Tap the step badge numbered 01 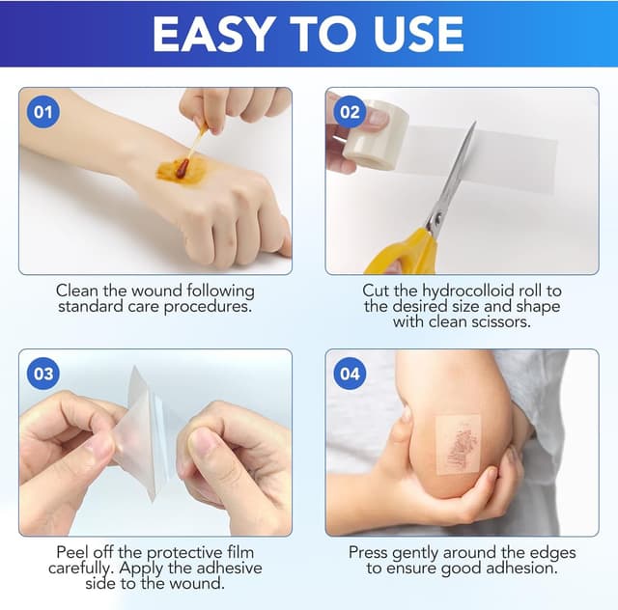(42, 112)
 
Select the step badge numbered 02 (349, 112)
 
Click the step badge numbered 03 (42, 373)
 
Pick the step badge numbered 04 (349, 373)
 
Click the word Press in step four (370, 553)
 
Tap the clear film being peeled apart (150, 434)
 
